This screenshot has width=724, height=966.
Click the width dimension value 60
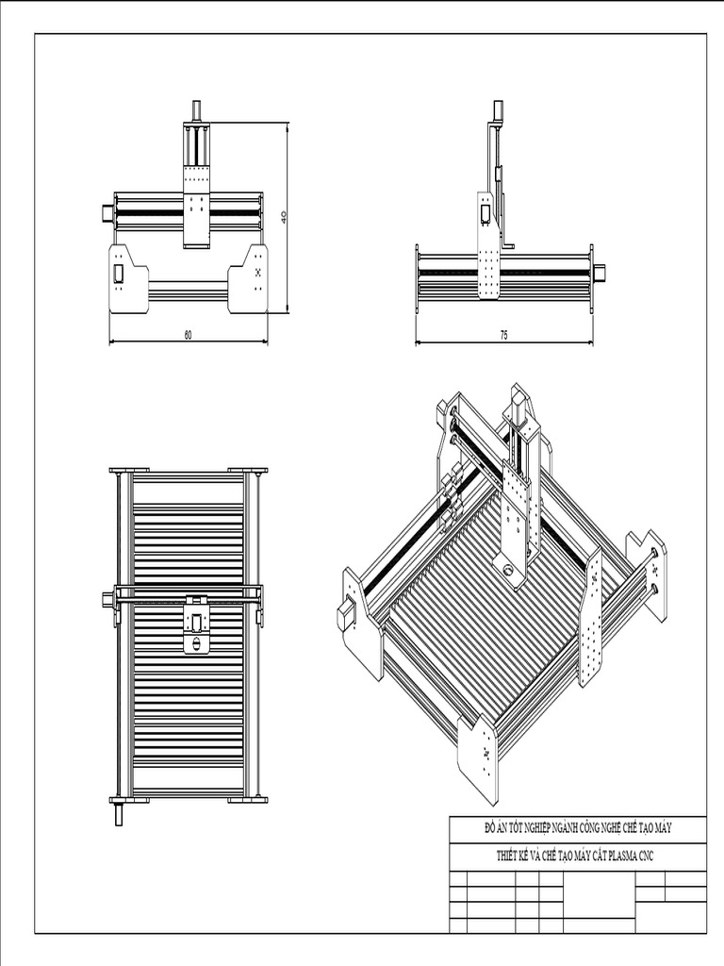tap(189, 335)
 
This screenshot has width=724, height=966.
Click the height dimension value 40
tap(284, 216)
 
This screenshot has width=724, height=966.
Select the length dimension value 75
tap(504, 335)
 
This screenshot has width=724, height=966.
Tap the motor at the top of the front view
tap(196, 109)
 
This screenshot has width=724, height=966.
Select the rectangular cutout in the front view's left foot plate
tap(120, 273)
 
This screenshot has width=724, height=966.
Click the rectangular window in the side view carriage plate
tap(485, 213)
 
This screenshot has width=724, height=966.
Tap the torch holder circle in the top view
tap(197, 644)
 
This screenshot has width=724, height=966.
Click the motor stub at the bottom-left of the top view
tap(120, 812)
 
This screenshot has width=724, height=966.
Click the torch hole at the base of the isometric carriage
tap(510, 570)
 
